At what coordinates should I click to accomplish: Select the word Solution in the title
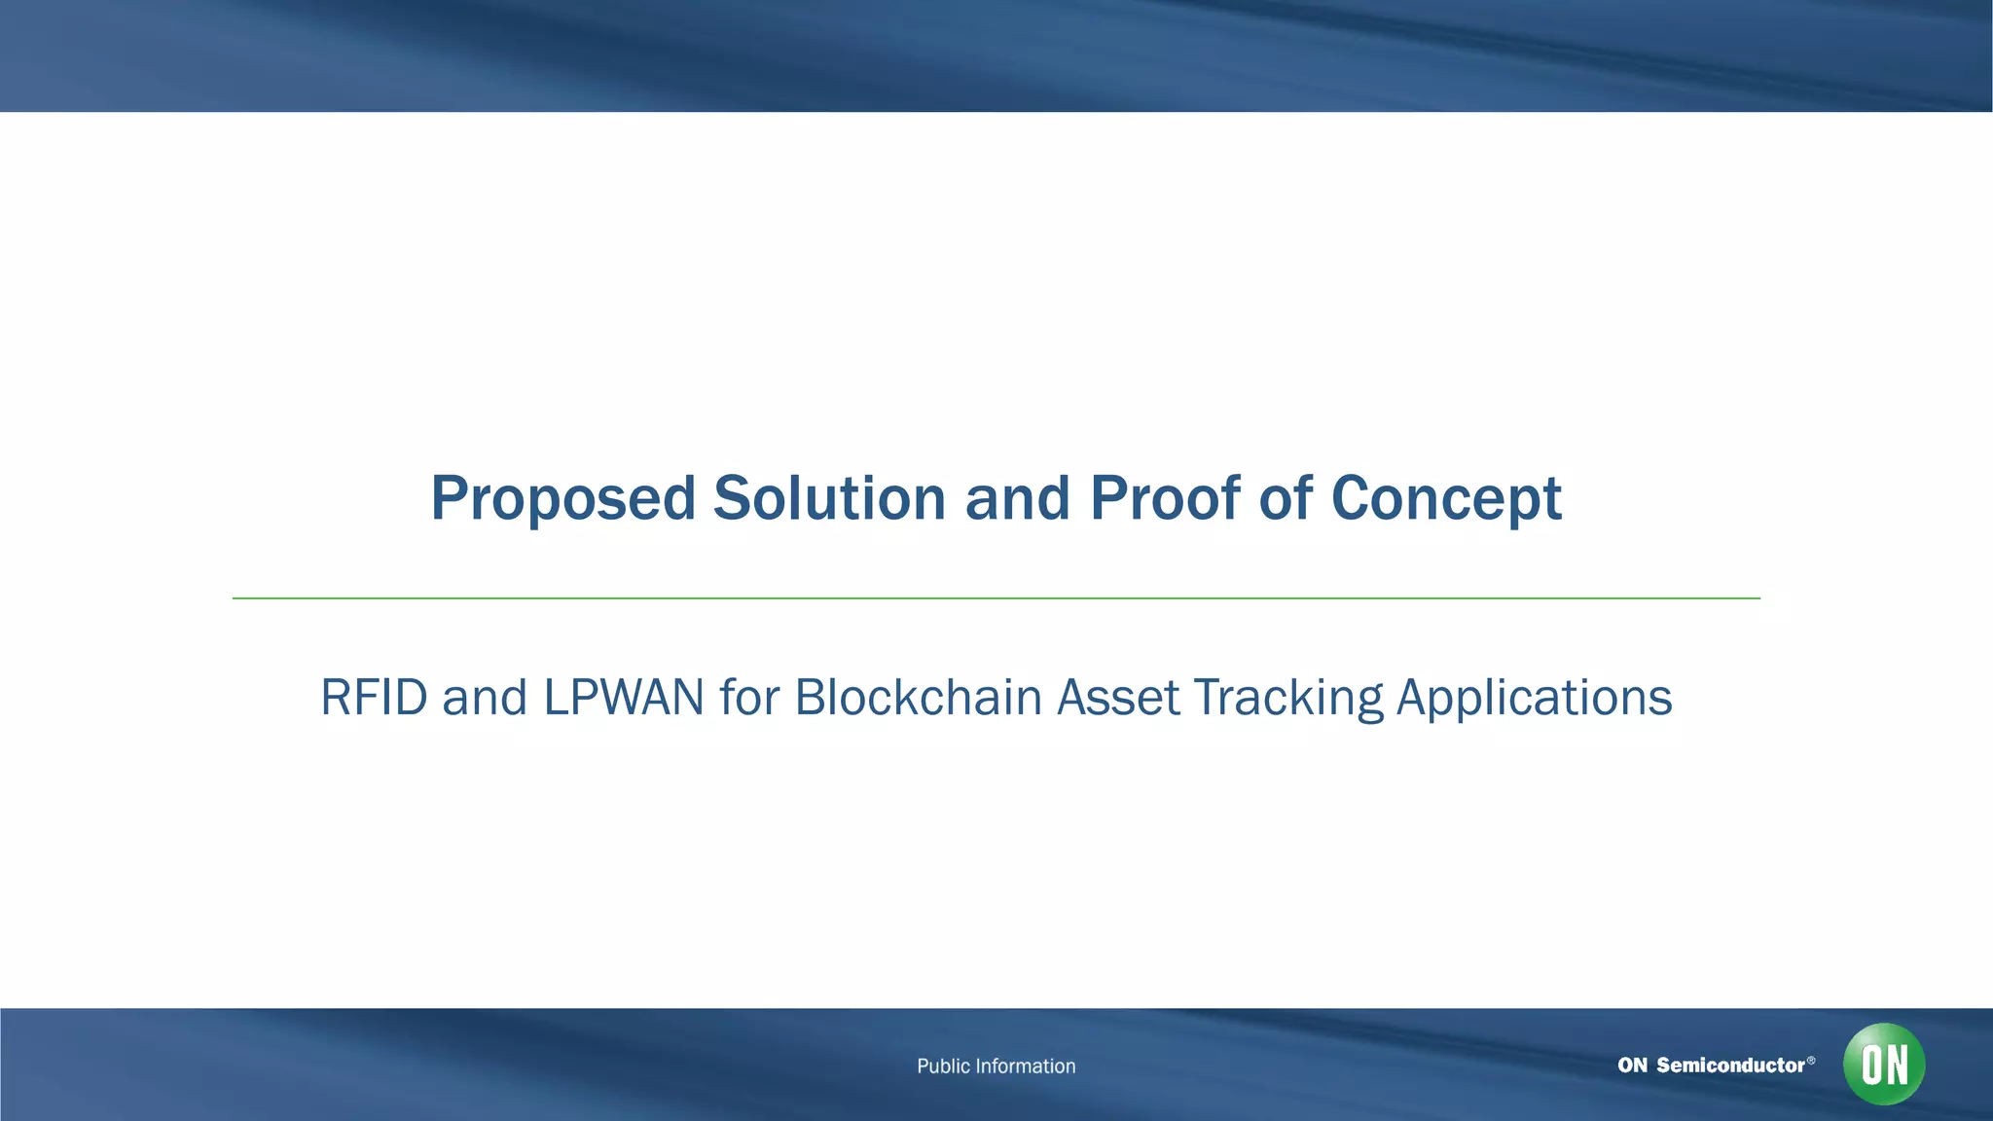click(x=829, y=498)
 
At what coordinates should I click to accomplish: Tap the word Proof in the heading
click(x=1165, y=498)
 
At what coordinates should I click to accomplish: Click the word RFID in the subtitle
click(x=374, y=698)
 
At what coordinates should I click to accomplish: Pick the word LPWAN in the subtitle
click(x=623, y=698)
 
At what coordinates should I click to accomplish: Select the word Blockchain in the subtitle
click(x=918, y=698)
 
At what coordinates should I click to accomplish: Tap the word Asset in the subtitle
click(x=1118, y=698)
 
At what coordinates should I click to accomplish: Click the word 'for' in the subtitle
click(x=749, y=698)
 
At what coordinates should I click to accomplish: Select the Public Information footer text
click(x=996, y=1067)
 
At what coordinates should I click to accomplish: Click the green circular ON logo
click(x=1883, y=1064)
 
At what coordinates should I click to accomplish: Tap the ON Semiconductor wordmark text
click(x=1711, y=1066)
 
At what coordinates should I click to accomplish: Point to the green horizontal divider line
click(x=996, y=598)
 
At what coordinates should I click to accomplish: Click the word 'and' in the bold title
click(x=1017, y=498)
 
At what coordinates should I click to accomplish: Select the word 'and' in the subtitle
click(x=484, y=698)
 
